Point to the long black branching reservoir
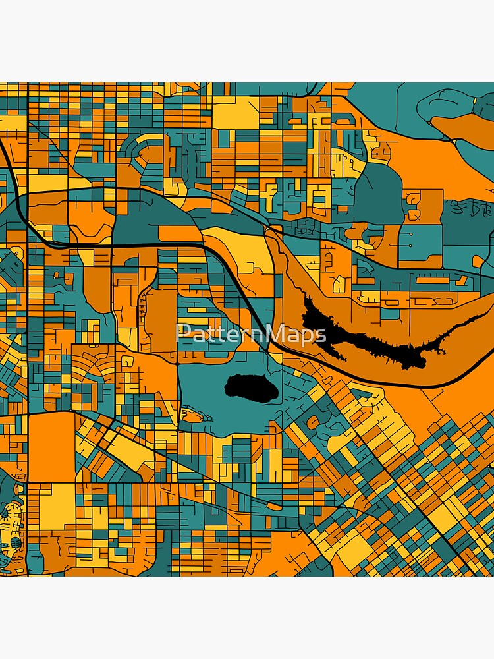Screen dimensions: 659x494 369,336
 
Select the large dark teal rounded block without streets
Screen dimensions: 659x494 378,191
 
